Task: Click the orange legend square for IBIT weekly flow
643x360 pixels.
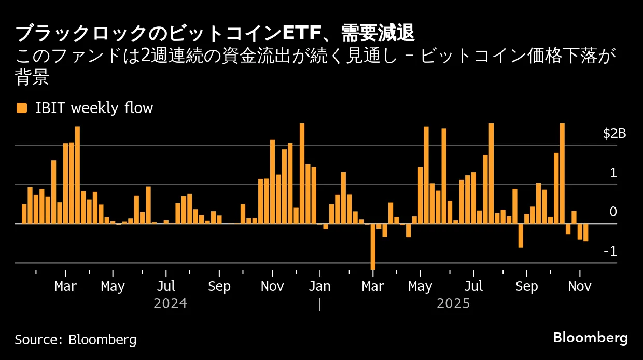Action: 22,108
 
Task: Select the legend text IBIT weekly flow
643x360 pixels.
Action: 94,108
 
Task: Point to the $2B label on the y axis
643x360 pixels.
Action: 614,134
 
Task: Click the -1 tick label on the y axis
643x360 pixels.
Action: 610,252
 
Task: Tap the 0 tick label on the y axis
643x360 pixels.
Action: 613,212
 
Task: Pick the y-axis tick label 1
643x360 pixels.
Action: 613,173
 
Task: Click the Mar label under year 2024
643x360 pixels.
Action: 65,286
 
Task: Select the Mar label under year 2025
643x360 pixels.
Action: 373,286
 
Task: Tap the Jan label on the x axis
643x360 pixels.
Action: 319,286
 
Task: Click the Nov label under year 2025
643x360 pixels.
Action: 579,286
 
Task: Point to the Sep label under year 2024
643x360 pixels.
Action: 219,286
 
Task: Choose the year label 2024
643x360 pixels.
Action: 170,303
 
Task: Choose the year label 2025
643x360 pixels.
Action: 453,303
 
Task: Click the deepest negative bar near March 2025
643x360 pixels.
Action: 373,246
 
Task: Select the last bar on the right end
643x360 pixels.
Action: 586,232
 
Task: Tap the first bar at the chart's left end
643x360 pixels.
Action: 24,214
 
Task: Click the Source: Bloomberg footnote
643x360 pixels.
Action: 76,340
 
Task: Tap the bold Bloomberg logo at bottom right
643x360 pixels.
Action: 590,338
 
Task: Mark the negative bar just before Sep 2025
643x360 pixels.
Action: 521,236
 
